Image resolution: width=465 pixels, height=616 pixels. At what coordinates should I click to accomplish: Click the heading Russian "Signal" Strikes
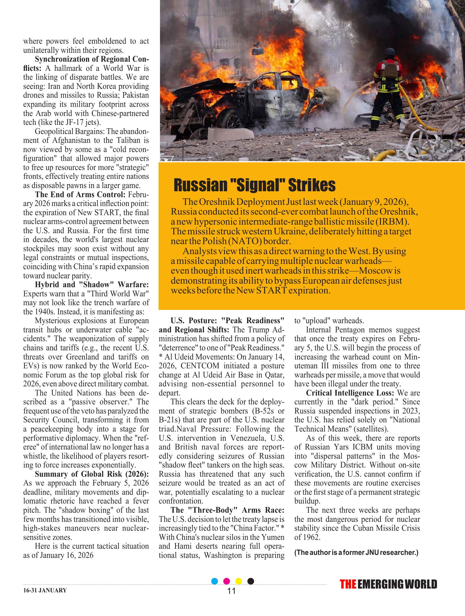254,185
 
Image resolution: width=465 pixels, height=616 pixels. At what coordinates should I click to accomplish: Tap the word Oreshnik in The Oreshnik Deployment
217,202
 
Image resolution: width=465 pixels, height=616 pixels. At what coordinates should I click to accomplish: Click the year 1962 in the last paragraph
312,537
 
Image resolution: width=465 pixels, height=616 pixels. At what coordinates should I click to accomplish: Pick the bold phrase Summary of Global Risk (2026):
92,474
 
